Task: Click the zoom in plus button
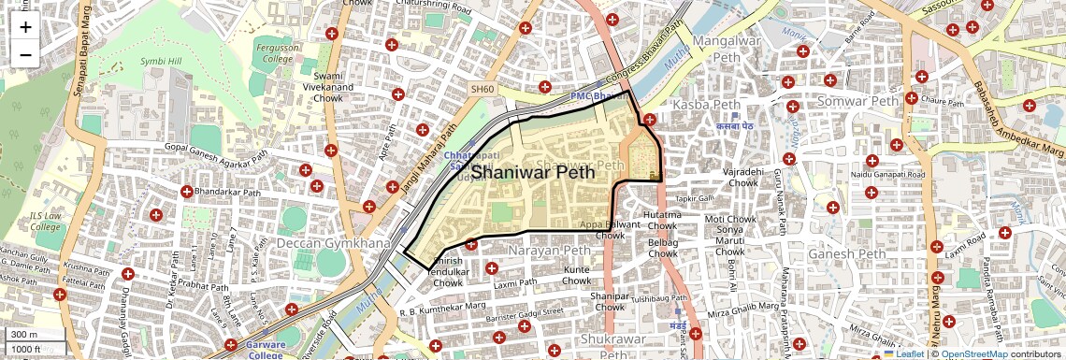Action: pyautogui.click(x=25, y=27)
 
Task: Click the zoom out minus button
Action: pyautogui.click(x=25, y=54)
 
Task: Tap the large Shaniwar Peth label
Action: pyautogui.click(x=546, y=172)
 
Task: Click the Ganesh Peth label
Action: pyautogui.click(x=845, y=253)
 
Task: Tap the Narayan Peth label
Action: pyautogui.click(x=549, y=251)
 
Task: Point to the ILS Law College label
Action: pyautogui.click(x=45, y=220)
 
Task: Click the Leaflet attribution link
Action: pyautogui.click(x=903, y=353)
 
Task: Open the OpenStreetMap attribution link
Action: pyautogui.click(x=973, y=353)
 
